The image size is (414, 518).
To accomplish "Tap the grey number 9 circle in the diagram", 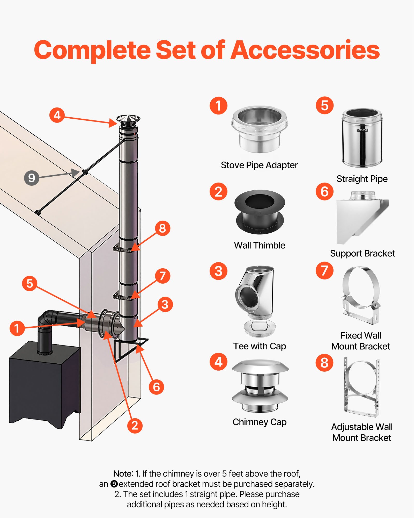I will click(x=32, y=178).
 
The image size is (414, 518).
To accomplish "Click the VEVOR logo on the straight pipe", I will click(x=362, y=130).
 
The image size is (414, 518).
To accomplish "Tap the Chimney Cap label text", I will click(x=260, y=422).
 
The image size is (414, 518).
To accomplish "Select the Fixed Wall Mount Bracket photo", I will click(x=361, y=295).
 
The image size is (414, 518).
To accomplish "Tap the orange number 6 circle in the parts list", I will click(x=324, y=192).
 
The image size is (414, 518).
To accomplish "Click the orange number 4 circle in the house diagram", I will click(x=57, y=115).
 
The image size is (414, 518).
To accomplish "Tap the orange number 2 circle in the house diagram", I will click(x=135, y=426).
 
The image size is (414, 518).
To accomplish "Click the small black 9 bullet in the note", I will click(x=114, y=484).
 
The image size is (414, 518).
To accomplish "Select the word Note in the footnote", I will click(x=123, y=474).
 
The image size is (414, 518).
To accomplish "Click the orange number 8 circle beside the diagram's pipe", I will click(x=162, y=228).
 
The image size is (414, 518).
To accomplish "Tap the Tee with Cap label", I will click(x=260, y=346).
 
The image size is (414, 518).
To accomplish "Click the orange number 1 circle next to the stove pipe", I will click(x=17, y=328).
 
